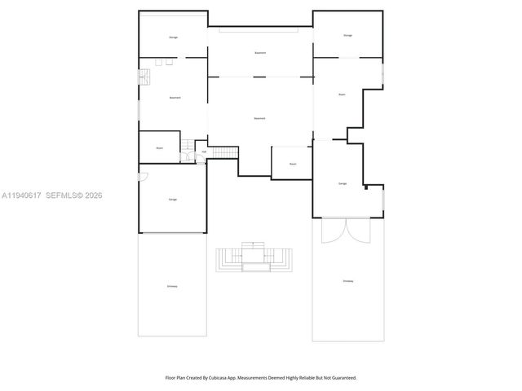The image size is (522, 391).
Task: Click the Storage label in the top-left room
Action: tap(173, 37)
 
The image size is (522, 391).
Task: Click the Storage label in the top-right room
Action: tap(347, 35)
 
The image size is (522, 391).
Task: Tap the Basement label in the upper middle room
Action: tap(260, 53)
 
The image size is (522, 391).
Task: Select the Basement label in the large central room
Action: tap(259, 119)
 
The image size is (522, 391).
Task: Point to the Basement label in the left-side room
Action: tap(175, 98)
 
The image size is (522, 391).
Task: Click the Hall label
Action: tap(203, 152)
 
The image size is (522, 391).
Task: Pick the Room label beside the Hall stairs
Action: tap(160, 147)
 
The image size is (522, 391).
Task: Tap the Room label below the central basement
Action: tap(292, 163)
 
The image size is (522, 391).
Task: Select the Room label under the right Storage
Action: tap(342, 94)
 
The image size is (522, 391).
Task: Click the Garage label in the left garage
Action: tap(173, 200)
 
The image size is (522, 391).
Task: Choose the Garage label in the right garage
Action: tap(342, 184)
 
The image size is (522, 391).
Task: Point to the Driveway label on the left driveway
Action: tap(173, 286)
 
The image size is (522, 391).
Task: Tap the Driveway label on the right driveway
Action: tap(347, 281)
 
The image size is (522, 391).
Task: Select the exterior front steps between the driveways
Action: tap(253, 258)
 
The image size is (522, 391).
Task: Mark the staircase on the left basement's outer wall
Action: tap(142, 76)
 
